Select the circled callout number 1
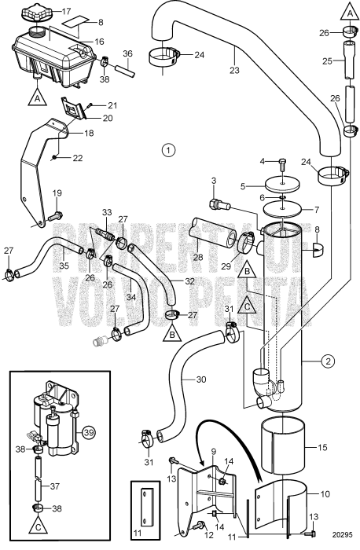coord(168,150)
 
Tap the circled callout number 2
coord(328,361)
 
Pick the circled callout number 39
coord(90,433)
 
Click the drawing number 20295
coord(342,535)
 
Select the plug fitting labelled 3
coord(219,204)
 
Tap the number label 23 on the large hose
coord(234,70)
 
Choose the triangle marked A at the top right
coord(350,11)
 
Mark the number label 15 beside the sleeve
coord(322,447)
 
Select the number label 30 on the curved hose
coord(201,379)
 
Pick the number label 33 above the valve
coord(107,212)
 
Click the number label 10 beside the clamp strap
coord(325,494)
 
